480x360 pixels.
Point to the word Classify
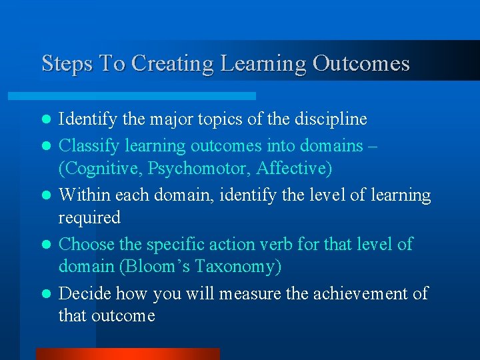click(x=87, y=145)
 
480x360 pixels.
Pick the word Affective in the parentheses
click(x=298, y=169)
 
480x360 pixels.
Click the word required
click(x=89, y=218)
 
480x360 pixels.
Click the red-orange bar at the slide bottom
click(x=127, y=353)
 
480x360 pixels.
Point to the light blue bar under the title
click(x=147, y=96)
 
